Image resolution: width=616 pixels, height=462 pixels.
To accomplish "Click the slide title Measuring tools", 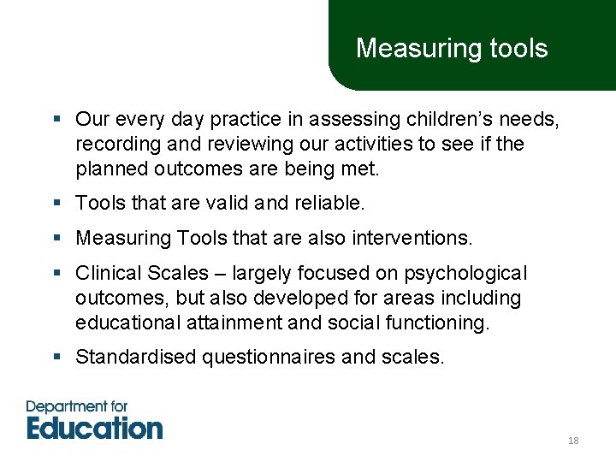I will click(452, 48).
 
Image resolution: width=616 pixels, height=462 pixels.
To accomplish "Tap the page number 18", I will click(573, 441).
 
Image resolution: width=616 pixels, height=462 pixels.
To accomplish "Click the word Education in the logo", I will click(94, 427).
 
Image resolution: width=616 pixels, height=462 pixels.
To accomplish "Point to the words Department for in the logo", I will click(77, 406).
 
